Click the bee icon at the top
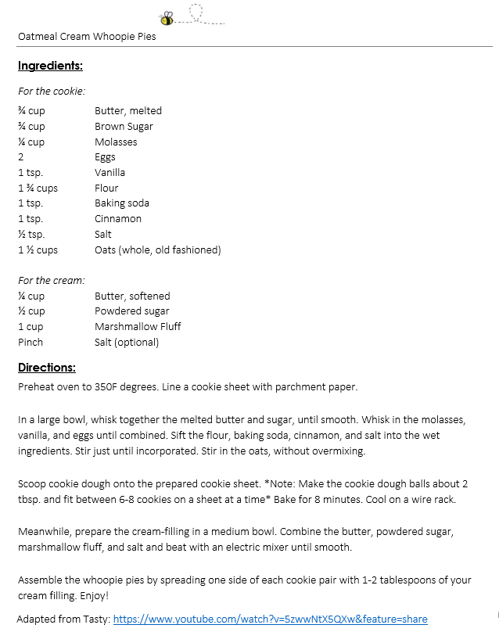(x=167, y=17)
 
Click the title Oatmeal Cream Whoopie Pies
(x=87, y=37)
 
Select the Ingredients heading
(x=50, y=66)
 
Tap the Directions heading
(x=47, y=368)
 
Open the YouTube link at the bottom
(x=270, y=619)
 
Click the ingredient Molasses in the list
(x=116, y=142)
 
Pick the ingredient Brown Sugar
(x=124, y=126)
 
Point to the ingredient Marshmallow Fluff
(x=138, y=326)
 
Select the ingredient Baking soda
(x=122, y=203)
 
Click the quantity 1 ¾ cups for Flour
(x=38, y=188)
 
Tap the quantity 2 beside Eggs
(x=21, y=157)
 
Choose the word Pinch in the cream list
(x=31, y=342)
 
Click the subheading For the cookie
(x=52, y=91)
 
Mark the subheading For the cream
(x=52, y=280)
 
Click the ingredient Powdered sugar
(x=131, y=311)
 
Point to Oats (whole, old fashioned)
(x=158, y=250)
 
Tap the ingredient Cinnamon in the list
(x=118, y=218)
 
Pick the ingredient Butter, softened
(x=132, y=296)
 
